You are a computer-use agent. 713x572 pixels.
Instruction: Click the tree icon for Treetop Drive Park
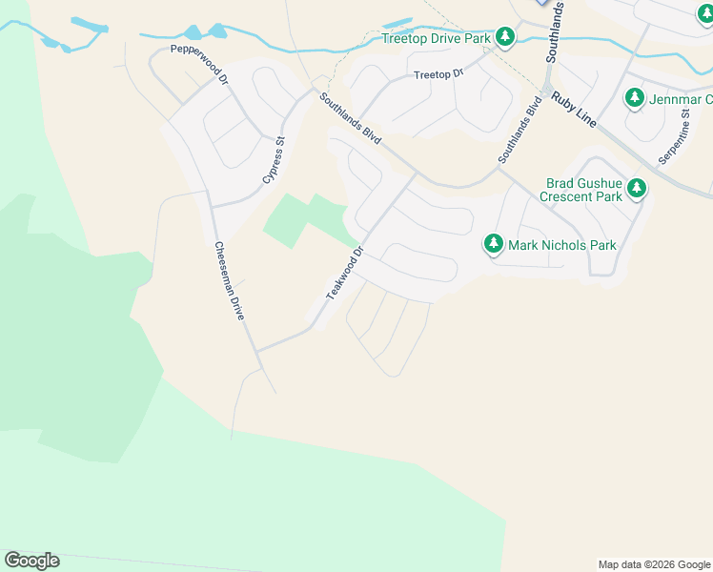[x=505, y=38]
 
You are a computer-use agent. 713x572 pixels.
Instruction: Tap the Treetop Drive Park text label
[x=436, y=39]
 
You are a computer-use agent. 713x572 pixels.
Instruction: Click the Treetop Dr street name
[x=438, y=74]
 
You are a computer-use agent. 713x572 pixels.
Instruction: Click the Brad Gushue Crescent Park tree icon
[x=636, y=190]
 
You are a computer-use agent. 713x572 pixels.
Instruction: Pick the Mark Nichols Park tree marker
[x=493, y=244]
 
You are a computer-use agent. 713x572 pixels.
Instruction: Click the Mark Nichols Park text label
[x=562, y=245]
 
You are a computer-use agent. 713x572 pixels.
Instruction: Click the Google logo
[x=31, y=560]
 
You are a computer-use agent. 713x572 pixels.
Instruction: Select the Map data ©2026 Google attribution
[x=654, y=564]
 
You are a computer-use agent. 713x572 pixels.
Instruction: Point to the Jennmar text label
[x=681, y=99]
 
